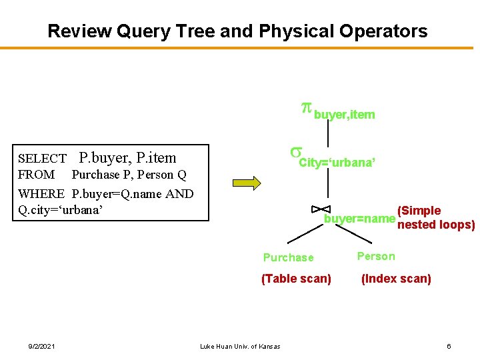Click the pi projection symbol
tap(306, 109)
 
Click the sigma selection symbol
tap(293, 153)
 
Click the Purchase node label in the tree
tap(288, 257)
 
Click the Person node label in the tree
tap(376, 256)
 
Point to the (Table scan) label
tap(296, 279)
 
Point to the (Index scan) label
tap(396, 279)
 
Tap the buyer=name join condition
tap(359, 219)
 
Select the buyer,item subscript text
tap(344, 115)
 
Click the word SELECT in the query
tap(42, 159)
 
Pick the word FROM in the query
tap(37, 175)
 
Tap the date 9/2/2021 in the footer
tap(42, 345)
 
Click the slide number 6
tap(449, 345)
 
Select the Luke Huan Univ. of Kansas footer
tap(240, 345)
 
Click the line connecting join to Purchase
tap(303, 233)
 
